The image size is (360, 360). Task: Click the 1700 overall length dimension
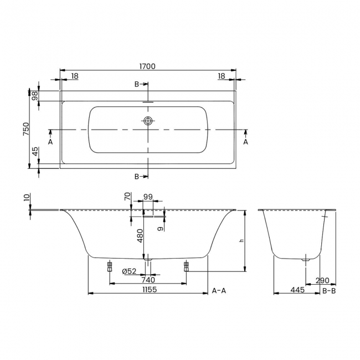(x=147, y=66)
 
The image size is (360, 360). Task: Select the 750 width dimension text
(x=25, y=129)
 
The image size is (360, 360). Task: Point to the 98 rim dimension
(x=34, y=96)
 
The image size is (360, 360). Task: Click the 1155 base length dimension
(x=147, y=289)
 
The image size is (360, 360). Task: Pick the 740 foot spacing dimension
(x=147, y=280)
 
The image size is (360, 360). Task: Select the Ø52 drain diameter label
(x=129, y=270)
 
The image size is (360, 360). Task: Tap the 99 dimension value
(x=147, y=197)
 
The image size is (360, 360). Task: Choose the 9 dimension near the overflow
(x=160, y=228)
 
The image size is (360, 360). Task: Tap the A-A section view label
(x=218, y=290)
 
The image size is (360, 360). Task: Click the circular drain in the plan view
(x=148, y=121)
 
